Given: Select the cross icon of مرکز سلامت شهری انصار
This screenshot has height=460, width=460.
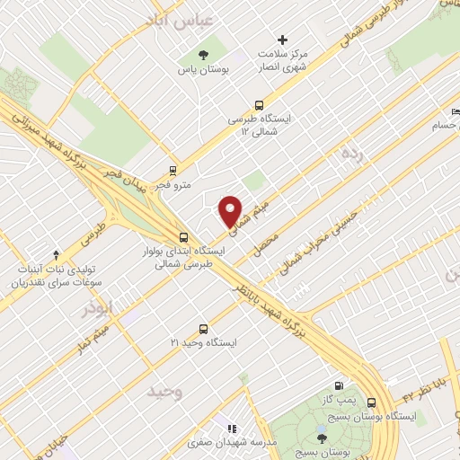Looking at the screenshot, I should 283,40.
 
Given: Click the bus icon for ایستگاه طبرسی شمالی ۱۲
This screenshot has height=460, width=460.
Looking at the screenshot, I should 259,104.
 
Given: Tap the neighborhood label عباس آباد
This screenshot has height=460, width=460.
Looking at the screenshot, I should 184,19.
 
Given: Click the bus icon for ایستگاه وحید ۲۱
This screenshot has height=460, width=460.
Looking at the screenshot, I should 203,329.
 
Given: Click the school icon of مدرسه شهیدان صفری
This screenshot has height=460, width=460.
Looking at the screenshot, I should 232,430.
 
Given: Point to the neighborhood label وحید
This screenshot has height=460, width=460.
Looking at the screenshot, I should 167,392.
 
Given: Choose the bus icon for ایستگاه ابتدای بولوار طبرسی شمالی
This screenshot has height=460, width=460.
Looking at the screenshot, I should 183,238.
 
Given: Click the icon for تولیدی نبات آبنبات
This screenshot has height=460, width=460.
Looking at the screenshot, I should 57,255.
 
